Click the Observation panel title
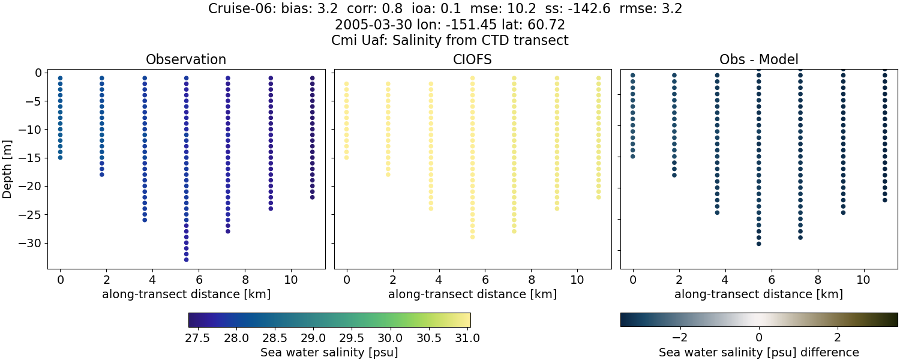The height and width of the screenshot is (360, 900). [186, 59]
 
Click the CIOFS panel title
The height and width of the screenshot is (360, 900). [472, 59]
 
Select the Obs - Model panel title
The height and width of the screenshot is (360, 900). [758, 59]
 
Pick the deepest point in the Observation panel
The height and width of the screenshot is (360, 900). [186, 260]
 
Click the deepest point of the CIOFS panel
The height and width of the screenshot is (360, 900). [472, 237]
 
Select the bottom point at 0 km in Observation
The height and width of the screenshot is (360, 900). [60, 158]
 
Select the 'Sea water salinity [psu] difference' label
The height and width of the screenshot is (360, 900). [758, 352]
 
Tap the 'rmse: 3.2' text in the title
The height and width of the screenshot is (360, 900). [654, 9]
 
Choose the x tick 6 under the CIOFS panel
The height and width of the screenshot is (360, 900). [485, 280]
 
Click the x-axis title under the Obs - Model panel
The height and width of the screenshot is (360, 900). [758, 295]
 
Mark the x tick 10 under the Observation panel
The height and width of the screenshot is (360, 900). [291, 280]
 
